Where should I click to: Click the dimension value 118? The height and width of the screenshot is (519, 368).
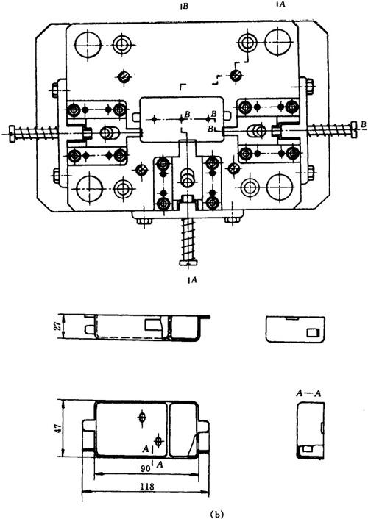(147, 486)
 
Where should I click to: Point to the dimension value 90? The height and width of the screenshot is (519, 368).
(144, 468)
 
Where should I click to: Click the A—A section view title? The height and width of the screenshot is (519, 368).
(308, 393)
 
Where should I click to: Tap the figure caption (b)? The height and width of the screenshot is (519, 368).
(217, 515)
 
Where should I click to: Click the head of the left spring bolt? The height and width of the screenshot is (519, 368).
(13, 134)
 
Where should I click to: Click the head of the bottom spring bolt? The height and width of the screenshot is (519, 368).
(188, 262)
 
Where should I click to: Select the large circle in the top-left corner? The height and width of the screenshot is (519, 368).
(88, 45)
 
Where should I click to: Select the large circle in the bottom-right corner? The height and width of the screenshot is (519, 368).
(280, 187)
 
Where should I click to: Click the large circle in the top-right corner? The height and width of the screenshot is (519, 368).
(277, 42)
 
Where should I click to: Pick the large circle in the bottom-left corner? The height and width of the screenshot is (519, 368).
(89, 189)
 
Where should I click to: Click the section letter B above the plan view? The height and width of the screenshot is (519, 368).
(185, 6)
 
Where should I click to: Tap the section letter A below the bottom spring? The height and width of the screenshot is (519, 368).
(194, 279)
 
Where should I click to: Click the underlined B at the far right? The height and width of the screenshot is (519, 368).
(364, 125)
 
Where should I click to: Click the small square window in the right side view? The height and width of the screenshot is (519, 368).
(311, 332)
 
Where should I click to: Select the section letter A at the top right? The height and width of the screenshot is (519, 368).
(281, 4)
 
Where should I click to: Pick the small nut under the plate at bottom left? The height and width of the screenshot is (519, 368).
(144, 220)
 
